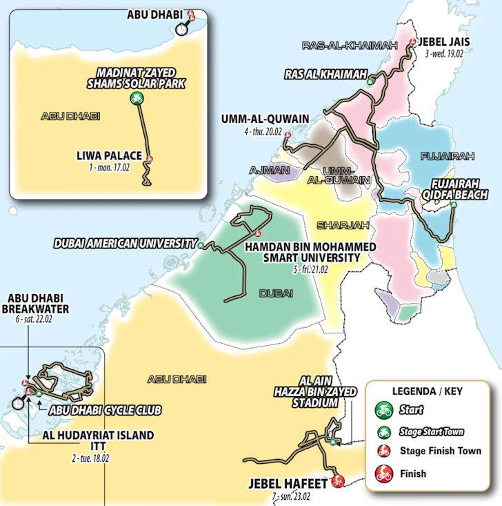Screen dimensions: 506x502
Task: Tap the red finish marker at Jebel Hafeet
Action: tap(337, 481)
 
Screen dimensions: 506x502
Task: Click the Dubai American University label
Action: tap(125, 244)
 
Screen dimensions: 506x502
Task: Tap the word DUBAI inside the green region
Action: tap(276, 293)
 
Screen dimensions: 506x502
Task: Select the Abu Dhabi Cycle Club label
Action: tap(105, 410)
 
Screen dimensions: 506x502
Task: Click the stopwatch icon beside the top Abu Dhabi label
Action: tap(181, 29)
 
